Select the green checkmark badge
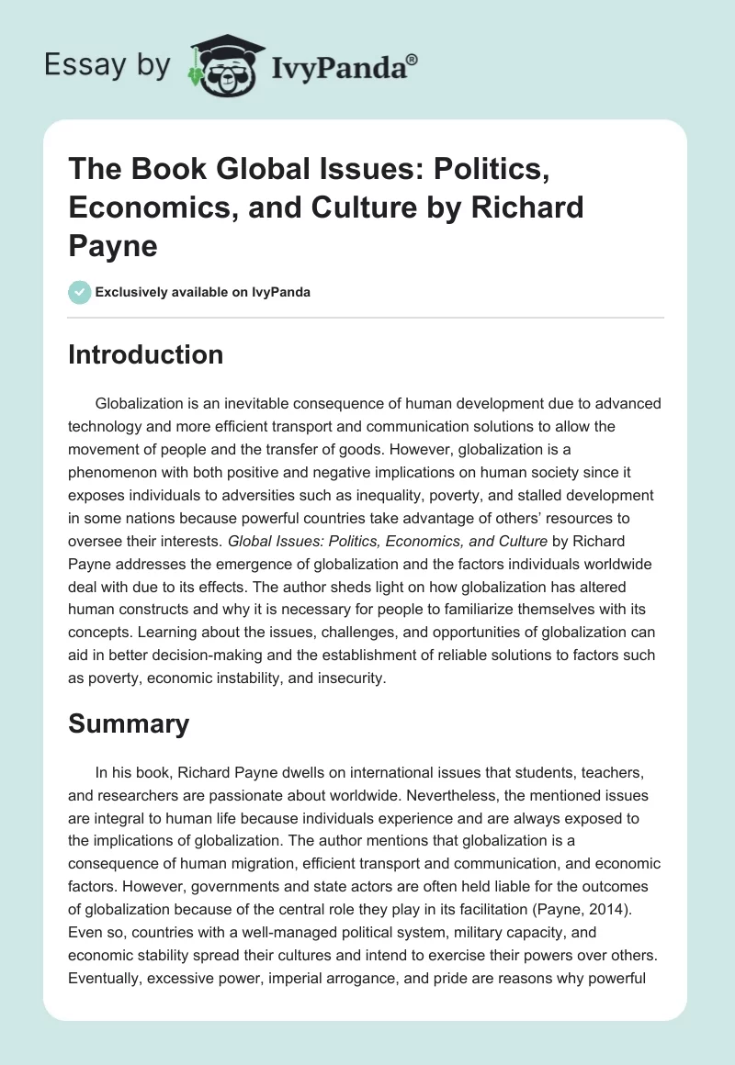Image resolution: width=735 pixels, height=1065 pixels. point(79,293)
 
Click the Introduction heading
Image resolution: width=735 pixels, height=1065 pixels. point(145,354)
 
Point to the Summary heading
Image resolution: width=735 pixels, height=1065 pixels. point(129,723)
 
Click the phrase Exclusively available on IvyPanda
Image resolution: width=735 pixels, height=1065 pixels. point(203,293)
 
